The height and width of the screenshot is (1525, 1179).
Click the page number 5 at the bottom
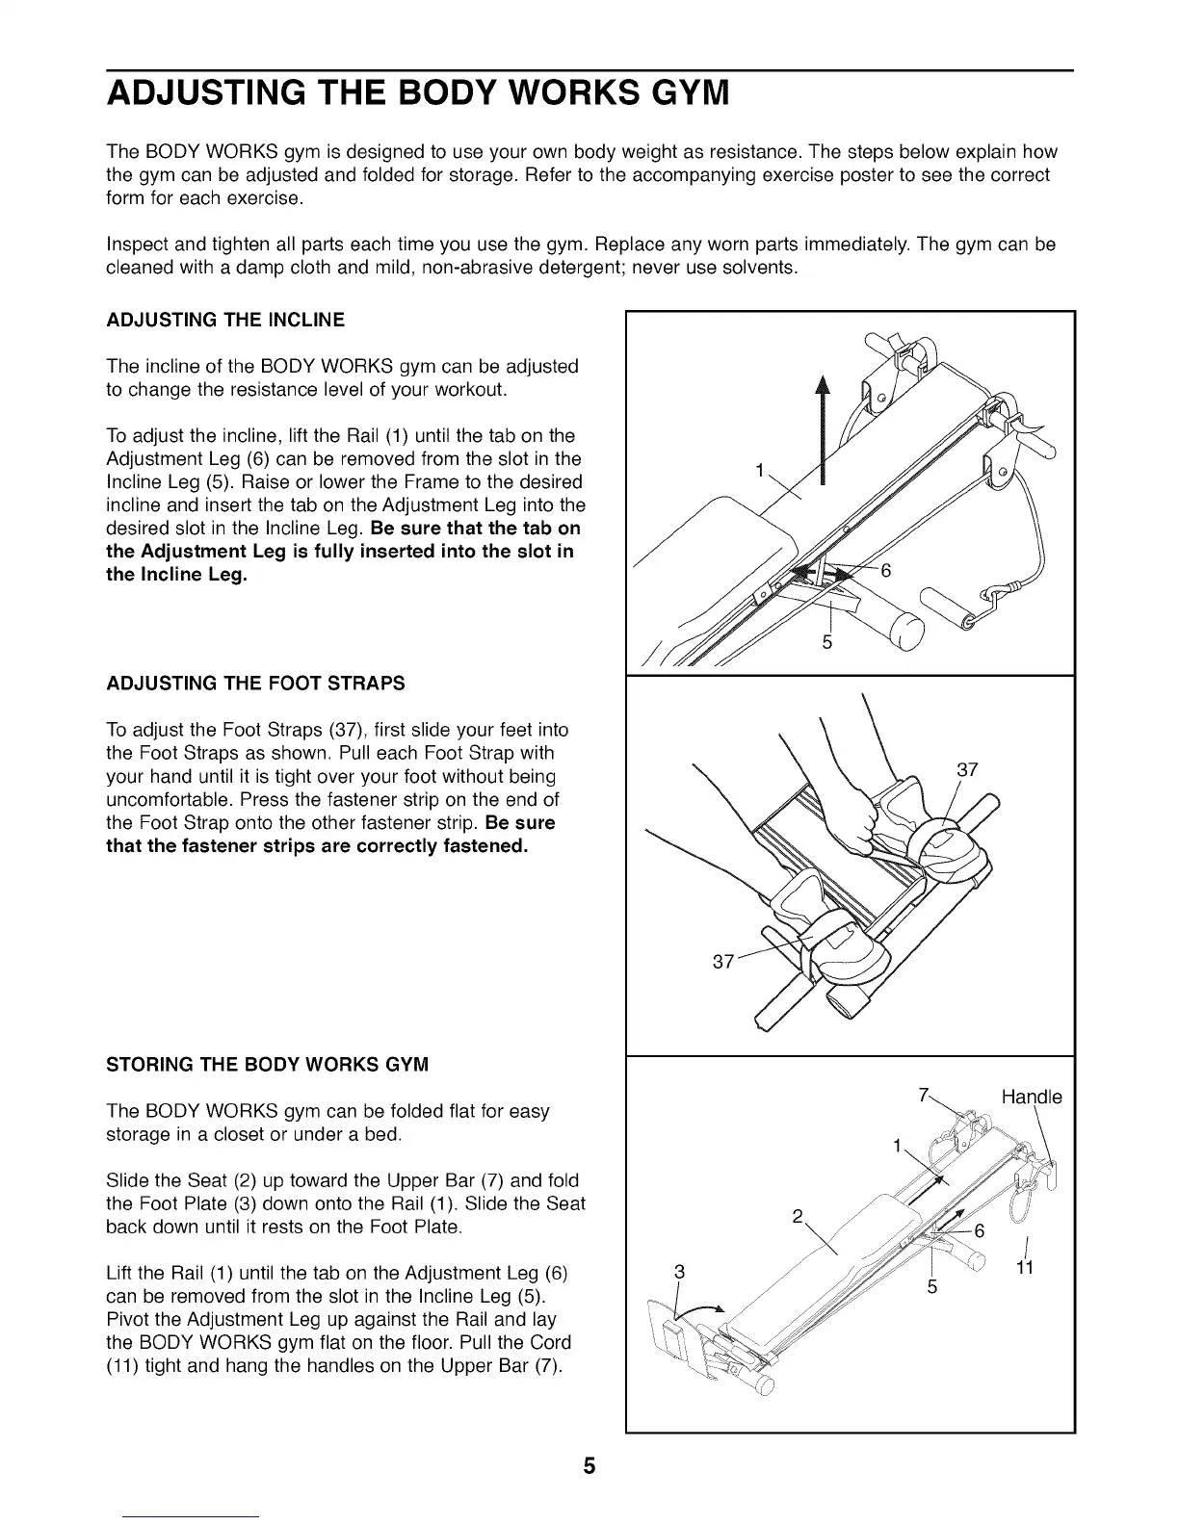[589, 1466]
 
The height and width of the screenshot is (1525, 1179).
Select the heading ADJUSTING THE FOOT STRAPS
[255, 684]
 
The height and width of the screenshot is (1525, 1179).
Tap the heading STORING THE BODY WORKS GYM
[267, 1065]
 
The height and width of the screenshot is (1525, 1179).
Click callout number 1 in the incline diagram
[760, 471]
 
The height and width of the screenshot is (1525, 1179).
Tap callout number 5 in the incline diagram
[826, 642]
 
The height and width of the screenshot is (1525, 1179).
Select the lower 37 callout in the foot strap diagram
[723, 961]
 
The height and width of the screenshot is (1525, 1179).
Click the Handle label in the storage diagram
[1032, 1098]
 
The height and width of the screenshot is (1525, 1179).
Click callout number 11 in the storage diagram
[1025, 1268]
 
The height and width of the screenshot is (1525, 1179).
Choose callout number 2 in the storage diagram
[797, 1215]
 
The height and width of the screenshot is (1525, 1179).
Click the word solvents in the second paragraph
[758, 267]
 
